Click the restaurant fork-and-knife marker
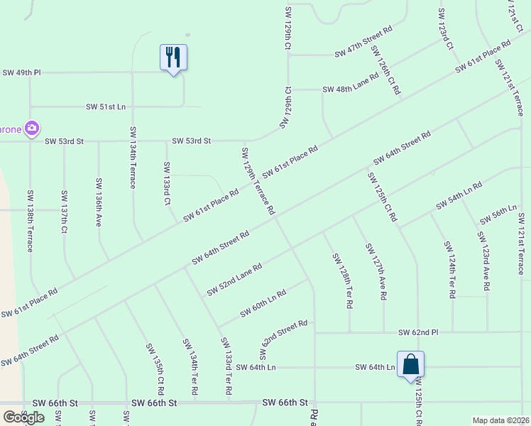click(x=173, y=57)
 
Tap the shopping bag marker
click(x=410, y=365)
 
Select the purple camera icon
click(x=31, y=129)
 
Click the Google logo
click(x=23, y=417)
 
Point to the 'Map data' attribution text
click(x=500, y=420)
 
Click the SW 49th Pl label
click(x=21, y=72)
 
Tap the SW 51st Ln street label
click(x=105, y=106)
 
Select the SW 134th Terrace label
click(x=133, y=158)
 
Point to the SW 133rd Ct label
click(x=167, y=183)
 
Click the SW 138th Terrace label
click(x=31, y=220)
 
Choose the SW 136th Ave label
click(x=99, y=202)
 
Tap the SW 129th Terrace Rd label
click(x=258, y=180)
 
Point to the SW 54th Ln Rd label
click(x=456, y=195)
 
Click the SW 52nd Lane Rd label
click(x=234, y=280)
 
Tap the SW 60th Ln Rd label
click(x=263, y=303)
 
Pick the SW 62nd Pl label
click(x=419, y=332)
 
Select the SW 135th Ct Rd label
click(x=155, y=369)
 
